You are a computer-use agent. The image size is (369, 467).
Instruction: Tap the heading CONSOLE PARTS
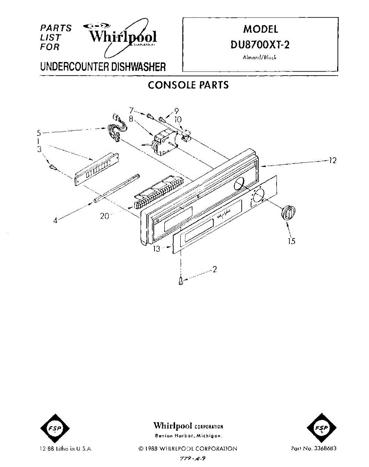[188, 85]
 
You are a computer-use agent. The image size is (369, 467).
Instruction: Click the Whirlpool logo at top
[123, 37]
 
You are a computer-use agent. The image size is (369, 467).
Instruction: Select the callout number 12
[332, 160]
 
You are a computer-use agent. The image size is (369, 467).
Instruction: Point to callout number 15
[292, 241]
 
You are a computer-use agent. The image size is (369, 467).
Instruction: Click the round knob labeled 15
[287, 212]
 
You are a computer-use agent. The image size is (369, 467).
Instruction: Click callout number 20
[104, 216]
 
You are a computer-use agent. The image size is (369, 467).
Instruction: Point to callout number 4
[56, 220]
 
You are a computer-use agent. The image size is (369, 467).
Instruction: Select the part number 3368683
[314, 449]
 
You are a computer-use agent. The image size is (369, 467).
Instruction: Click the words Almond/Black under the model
[260, 58]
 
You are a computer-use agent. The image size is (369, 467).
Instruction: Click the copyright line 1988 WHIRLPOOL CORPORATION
[188, 449]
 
